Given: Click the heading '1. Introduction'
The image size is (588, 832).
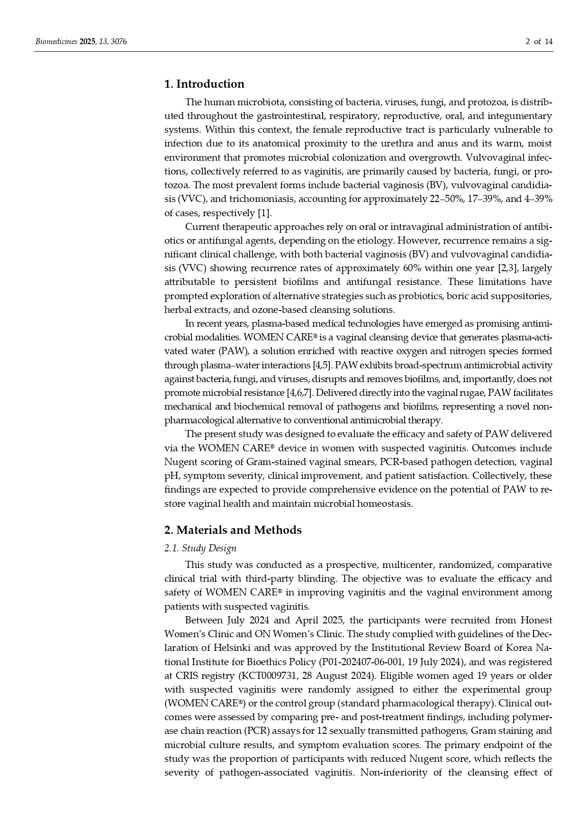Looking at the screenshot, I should coord(204,84).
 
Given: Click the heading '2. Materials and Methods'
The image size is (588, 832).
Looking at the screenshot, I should coord(233,530).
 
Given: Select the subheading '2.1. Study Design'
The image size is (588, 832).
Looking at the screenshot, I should coord(200,549).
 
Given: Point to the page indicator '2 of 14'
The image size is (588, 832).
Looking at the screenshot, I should coord(539,42).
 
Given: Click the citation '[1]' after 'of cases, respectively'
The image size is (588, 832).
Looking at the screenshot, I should coord(264,213).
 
